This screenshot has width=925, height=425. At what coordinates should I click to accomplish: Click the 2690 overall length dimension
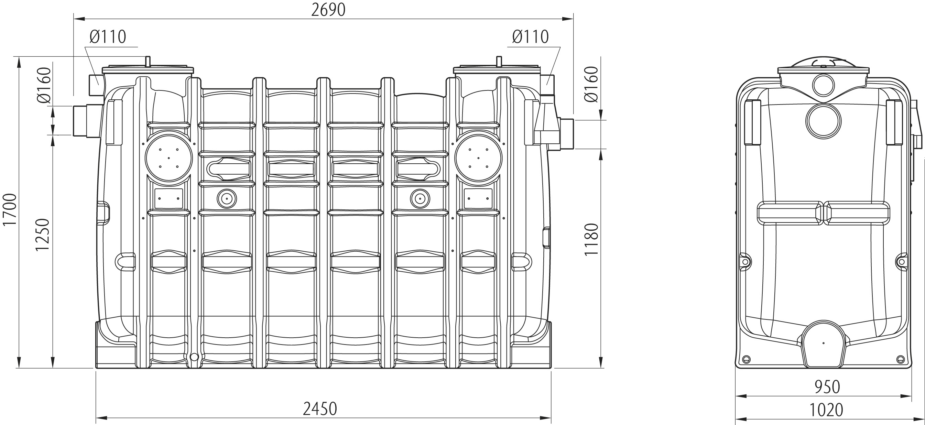pos(328,10)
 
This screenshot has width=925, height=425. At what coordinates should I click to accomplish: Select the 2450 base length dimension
pos(320,408)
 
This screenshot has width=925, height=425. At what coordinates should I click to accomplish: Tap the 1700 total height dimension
pos(10,210)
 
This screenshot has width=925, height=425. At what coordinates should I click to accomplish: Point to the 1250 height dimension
pos(42,235)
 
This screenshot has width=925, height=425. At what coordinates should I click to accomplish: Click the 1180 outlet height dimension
pos(592,239)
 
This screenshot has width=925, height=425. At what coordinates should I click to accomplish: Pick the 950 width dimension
pos(827,387)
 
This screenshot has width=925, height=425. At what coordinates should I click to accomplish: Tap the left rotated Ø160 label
pos(44,85)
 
